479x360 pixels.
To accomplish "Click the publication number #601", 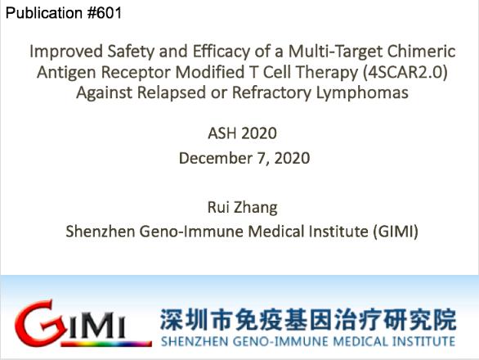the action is coord(105,13).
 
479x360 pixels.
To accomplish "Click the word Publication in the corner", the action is coord(44,13).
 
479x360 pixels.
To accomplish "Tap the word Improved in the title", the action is coord(66,52).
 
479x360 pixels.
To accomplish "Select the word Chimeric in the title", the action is coord(422,51).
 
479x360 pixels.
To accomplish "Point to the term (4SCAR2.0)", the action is coord(405,72).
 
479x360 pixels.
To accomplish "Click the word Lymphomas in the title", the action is coord(362,93).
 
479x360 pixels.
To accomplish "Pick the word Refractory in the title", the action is coord(271,93).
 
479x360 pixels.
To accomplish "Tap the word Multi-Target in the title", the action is coord(335,52).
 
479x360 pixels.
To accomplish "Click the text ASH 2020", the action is coord(243,133).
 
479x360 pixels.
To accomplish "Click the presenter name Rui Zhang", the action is coord(243,208).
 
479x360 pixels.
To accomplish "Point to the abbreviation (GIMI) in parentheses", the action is coord(396,232).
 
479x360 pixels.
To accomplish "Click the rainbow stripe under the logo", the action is coord(106,344).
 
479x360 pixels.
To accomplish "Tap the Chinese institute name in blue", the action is coord(308,320).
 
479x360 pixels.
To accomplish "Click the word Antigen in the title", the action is coord(66,73).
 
